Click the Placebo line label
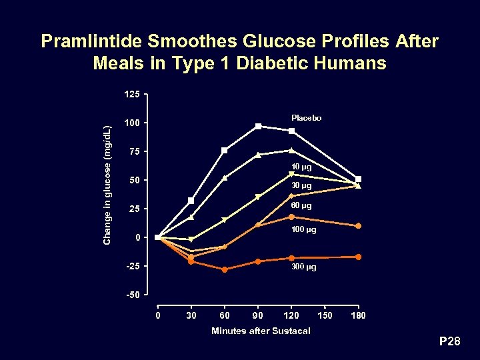click(306, 118)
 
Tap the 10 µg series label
click(301, 167)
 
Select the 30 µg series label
click(301, 185)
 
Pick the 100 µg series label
click(303, 230)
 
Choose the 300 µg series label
click(303, 267)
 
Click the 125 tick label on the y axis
click(132, 95)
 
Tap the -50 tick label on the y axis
click(132, 295)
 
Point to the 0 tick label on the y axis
click(137, 237)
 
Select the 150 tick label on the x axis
click(325, 315)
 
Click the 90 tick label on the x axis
click(258, 315)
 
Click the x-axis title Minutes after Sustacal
click(261, 331)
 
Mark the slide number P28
click(449, 342)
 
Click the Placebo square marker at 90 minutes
click(258, 126)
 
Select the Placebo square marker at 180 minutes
click(359, 179)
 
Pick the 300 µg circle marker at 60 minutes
click(225, 269)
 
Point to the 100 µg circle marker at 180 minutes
click(359, 226)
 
